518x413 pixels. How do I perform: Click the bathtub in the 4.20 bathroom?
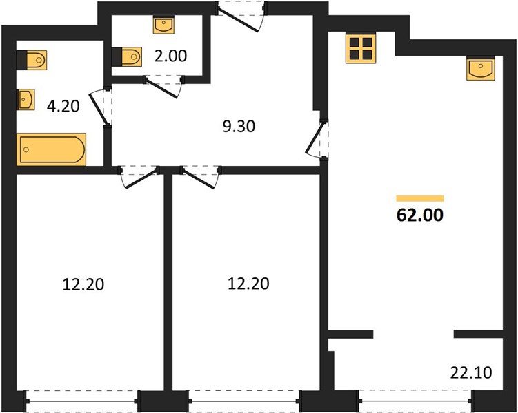coord(51,149)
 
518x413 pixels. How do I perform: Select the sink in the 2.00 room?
coord(163,25)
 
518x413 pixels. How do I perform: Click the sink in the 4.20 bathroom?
coord(26,99)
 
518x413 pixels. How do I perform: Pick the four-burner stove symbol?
coord(361,48)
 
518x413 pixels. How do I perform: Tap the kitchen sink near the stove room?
coord(481,69)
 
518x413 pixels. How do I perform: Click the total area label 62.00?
coord(419,215)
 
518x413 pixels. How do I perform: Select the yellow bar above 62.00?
coord(420,198)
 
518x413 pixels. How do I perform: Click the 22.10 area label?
coord(471,373)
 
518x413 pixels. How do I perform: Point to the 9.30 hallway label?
coord(239,126)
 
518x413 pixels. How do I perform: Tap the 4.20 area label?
coord(63,106)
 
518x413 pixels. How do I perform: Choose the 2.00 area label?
coord(171,56)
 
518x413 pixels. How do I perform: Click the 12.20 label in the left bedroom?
coord(83,284)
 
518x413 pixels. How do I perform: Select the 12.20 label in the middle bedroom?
coord(248,284)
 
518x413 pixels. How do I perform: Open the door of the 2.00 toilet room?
coord(163,86)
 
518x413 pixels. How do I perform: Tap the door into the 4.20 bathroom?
coord(101,107)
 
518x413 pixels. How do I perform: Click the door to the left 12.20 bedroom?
coord(139,177)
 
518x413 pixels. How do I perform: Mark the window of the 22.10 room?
coord(416,401)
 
